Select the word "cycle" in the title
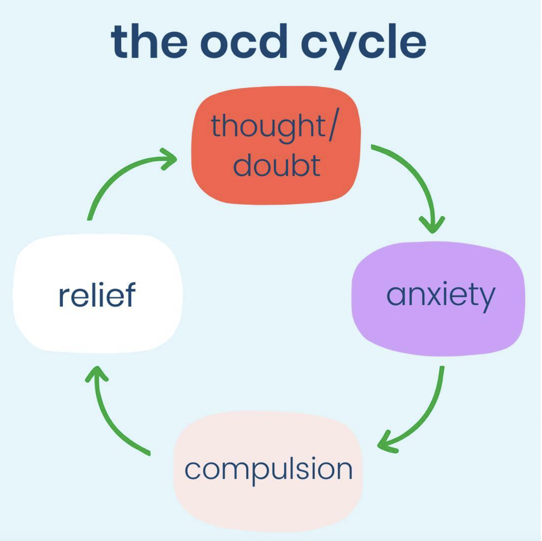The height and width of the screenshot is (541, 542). coord(364,46)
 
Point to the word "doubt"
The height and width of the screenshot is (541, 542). coord(277,165)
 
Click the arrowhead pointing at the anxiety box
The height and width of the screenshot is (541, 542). coord(432,225)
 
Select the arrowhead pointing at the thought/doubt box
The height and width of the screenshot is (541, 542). coord(169,159)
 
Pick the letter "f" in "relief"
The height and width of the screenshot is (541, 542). coord(130,293)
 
